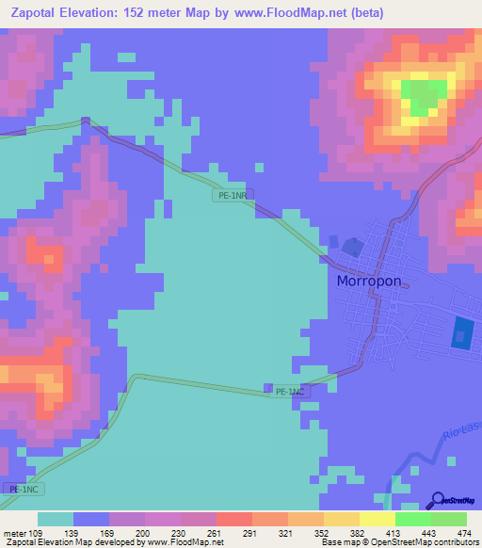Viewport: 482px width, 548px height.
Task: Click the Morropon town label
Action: [x=374, y=282]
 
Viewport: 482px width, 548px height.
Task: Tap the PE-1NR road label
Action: [x=232, y=196]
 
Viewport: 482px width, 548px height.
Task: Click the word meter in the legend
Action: [x=14, y=532]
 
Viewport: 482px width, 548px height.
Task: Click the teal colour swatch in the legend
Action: [x=56, y=519]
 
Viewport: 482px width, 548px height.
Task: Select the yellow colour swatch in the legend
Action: [x=377, y=519]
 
